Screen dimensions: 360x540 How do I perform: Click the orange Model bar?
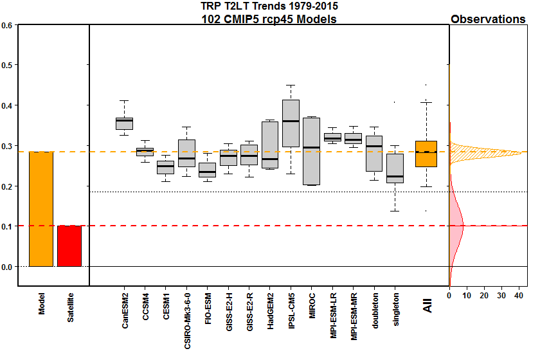(41, 209)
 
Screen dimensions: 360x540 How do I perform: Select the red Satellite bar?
(69, 246)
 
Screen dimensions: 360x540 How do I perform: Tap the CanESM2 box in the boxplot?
(124, 123)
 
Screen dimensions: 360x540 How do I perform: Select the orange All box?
(426, 154)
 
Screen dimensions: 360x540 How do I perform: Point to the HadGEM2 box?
(270, 145)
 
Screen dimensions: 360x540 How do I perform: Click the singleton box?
(395, 168)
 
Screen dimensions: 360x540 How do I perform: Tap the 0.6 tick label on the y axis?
(8, 25)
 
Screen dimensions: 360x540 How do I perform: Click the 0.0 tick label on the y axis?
(8, 266)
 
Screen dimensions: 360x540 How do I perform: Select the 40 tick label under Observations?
(518, 296)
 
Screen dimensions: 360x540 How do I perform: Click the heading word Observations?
(488, 19)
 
